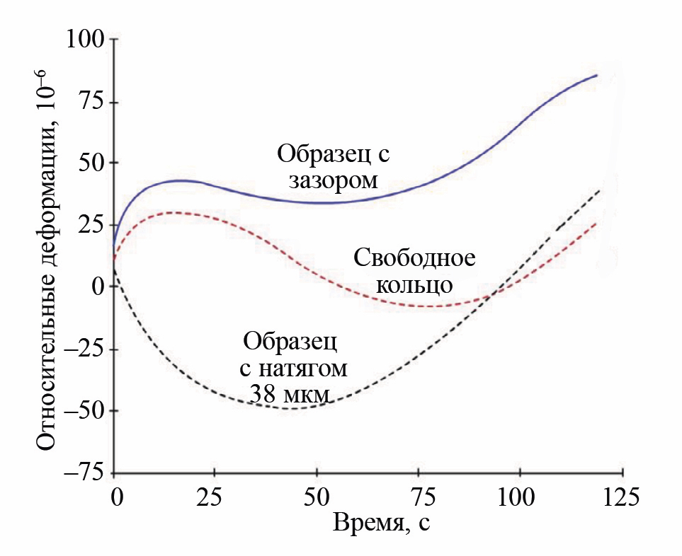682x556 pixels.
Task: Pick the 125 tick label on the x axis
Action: pos(619,496)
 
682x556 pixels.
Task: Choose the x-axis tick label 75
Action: pos(417,496)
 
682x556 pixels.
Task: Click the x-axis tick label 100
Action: pos(518,496)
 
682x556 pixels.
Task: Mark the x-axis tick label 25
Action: pos(215,496)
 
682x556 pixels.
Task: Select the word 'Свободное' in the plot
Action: pos(414,258)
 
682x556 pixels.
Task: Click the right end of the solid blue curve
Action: pos(597,75)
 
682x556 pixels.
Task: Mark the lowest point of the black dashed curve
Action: pos(294,409)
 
